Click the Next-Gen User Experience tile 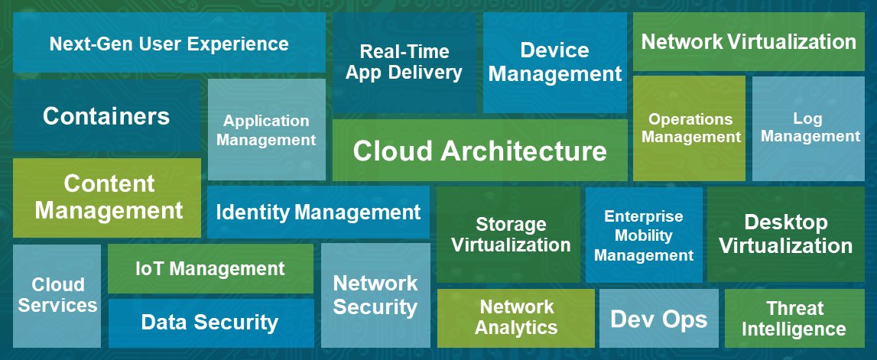tap(169, 44)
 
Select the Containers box tap(106, 116)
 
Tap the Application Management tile tap(266, 130)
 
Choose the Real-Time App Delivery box tap(404, 63)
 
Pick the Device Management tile tap(554, 63)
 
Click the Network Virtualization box tap(749, 41)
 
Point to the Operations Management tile tap(690, 128)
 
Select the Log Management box tap(810, 128)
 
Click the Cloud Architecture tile tap(480, 151)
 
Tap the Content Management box tap(108, 196)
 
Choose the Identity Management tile tap(318, 212)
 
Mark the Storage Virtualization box tap(510, 235)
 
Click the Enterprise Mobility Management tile tap(643, 235)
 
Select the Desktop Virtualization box tap(785, 234)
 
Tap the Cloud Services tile tap(57, 295)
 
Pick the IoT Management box tap(210, 268)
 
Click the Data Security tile tap(210, 323)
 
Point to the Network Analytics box tap(516, 317)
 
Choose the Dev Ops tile tap(658, 319)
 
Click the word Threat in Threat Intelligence tap(794, 309)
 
